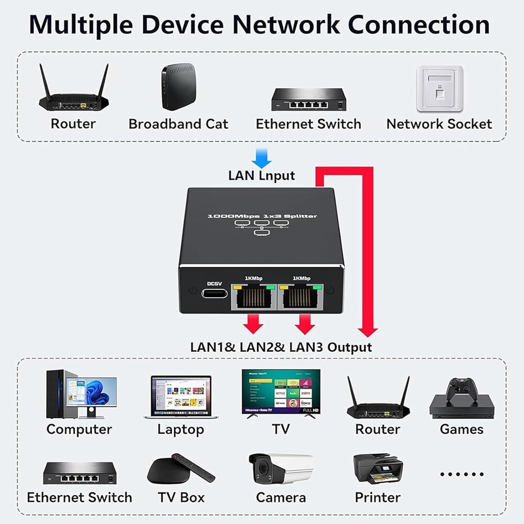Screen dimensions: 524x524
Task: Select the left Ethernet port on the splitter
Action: (x=254, y=298)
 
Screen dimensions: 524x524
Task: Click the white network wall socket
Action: (x=440, y=89)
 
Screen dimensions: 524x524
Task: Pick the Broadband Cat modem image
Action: (x=178, y=87)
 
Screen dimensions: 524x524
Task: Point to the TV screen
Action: (x=281, y=392)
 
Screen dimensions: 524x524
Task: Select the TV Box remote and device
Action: (x=181, y=470)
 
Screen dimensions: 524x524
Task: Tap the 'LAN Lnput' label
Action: (x=261, y=176)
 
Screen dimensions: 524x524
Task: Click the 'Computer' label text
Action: (x=79, y=429)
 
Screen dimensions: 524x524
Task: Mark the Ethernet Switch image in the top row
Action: (x=309, y=99)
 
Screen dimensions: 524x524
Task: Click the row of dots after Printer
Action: (x=461, y=474)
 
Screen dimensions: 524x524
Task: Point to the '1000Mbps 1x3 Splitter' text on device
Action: (x=262, y=216)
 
